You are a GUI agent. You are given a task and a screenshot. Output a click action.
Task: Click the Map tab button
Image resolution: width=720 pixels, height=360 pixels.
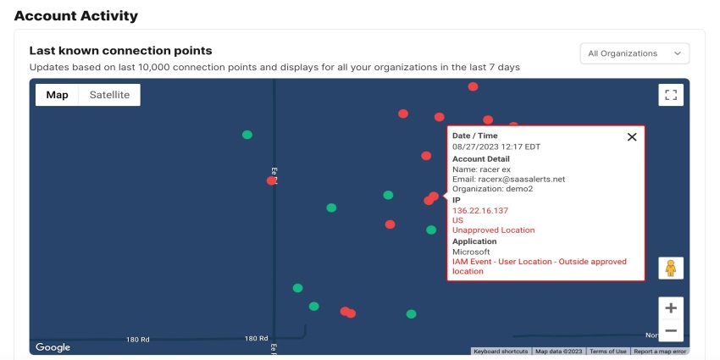pos(58,95)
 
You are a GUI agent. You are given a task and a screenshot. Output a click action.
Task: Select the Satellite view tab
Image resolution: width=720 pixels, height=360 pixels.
pos(109,95)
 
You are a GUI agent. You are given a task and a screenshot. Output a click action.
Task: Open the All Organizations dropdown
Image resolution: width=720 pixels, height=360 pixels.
pos(634,53)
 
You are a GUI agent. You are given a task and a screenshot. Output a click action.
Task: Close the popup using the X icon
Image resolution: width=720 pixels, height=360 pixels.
pos(632,137)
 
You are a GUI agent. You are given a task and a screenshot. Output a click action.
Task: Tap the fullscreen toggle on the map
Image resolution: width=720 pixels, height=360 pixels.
pos(671,95)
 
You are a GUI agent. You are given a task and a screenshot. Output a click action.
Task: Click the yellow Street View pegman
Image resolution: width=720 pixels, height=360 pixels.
pos(671,269)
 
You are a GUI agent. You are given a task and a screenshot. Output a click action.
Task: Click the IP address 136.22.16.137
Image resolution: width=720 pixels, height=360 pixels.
pos(480,210)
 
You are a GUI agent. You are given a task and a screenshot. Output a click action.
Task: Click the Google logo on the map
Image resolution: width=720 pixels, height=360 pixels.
pos(53,347)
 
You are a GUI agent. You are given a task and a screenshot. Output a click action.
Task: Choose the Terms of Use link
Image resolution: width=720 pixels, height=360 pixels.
pos(608,352)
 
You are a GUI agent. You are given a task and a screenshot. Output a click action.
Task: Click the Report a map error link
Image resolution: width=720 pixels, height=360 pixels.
pos(661,352)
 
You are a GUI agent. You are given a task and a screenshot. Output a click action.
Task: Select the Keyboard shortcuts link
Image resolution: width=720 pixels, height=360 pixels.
pos(501,352)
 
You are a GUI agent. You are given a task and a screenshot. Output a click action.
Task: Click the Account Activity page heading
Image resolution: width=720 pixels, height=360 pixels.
pos(76,15)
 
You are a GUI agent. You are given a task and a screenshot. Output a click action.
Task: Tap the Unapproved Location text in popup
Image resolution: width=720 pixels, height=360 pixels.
pos(494,230)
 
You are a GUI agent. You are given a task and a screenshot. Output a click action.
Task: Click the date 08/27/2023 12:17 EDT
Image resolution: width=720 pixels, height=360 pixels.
pos(496,147)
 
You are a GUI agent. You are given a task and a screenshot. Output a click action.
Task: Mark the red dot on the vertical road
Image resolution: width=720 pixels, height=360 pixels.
pos(271,180)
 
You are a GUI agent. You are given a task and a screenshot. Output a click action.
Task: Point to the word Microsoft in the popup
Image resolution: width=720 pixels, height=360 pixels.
pos(471,252)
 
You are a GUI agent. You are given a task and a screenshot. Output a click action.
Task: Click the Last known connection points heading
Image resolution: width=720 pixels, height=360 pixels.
pos(120,51)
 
